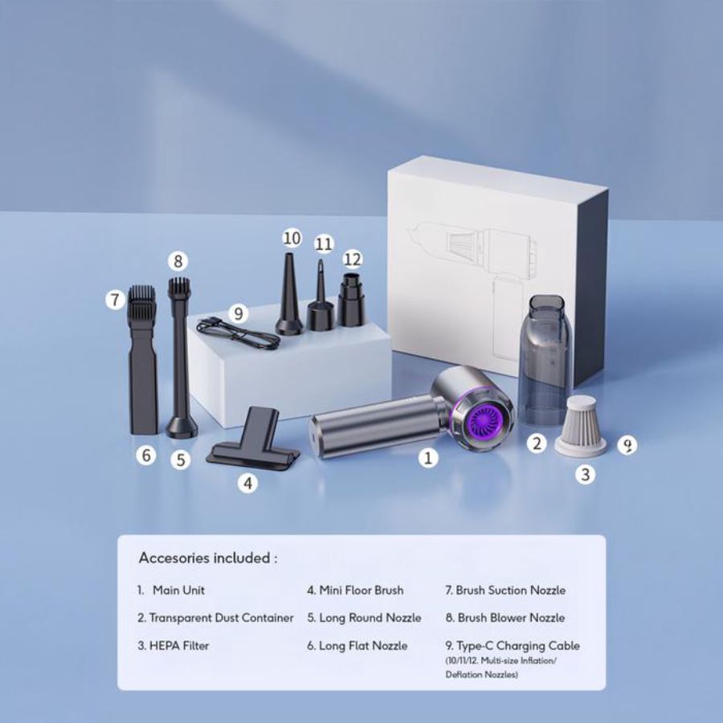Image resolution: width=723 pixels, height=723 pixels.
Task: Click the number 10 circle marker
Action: (292, 238)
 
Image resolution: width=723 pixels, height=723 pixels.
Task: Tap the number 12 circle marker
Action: (353, 259)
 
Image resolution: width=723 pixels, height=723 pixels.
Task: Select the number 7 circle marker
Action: (116, 300)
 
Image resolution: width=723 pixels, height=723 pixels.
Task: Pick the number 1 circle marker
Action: (430, 458)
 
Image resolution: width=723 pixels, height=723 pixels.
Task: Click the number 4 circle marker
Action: (249, 484)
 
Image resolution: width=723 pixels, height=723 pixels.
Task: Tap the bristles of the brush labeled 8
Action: (178, 288)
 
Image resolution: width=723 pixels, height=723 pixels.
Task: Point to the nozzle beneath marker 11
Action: (321, 299)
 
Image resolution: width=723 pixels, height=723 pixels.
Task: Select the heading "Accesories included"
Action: (208, 558)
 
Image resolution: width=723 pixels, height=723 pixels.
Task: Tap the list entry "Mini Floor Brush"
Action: (355, 590)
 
